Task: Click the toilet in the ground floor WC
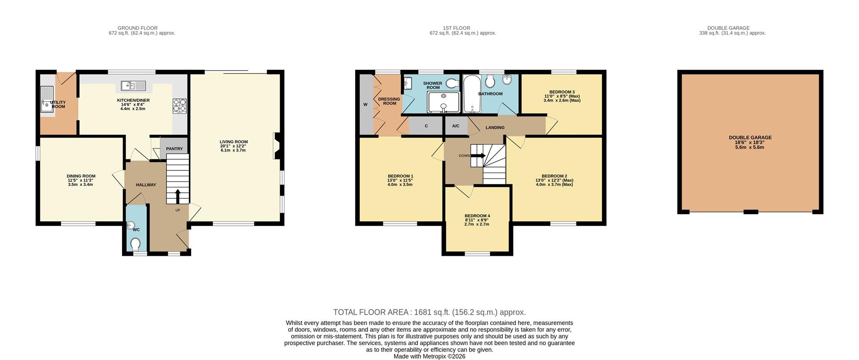point(135,244)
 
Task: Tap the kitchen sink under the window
point(133,85)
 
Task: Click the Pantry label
point(174,149)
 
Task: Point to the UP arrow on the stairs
point(178,196)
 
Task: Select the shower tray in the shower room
point(443,102)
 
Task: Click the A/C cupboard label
point(455,126)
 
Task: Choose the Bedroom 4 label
point(477,216)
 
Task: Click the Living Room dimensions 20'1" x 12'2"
point(234,146)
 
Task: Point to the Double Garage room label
point(750,138)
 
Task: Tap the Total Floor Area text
point(429,312)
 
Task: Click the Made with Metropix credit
point(429,356)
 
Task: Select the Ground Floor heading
point(137,28)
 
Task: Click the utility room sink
point(47,99)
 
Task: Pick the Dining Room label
point(81,176)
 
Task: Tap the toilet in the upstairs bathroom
point(490,81)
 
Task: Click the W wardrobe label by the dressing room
point(366,105)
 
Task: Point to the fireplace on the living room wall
point(276,146)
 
